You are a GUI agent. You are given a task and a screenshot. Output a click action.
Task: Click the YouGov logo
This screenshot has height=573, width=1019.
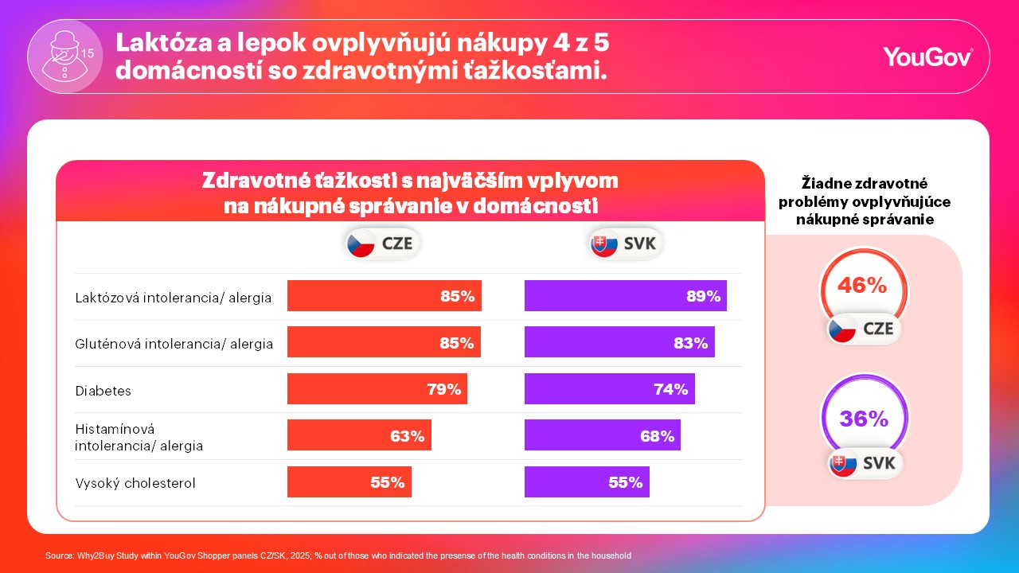pyautogui.click(x=927, y=57)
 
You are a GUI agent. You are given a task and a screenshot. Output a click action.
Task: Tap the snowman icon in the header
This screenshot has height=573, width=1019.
pyautogui.click(x=65, y=56)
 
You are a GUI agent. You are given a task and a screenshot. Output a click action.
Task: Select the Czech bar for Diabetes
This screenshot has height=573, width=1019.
pyautogui.click(x=377, y=389)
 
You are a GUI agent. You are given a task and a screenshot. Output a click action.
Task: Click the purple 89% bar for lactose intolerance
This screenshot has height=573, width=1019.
pyautogui.click(x=626, y=295)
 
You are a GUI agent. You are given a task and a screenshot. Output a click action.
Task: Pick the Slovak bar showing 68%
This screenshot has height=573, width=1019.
pyautogui.click(x=603, y=435)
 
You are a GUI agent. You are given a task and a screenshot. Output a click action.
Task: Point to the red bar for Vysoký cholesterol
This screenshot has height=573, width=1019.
pyautogui.click(x=349, y=481)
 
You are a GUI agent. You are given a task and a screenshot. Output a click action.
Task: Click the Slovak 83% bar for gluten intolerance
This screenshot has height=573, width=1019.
pyautogui.click(x=619, y=342)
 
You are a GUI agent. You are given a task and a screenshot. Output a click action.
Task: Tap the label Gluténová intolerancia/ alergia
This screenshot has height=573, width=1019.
pyautogui.click(x=174, y=344)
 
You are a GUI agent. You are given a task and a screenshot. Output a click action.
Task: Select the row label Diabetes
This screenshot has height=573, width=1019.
pyautogui.click(x=103, y=391)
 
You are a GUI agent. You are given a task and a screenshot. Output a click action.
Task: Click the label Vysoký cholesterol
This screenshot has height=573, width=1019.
pyautogui.click(x=135, y=483)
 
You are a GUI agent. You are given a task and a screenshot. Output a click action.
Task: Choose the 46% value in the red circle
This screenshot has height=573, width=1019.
pyautogui.click(x=862, y=285)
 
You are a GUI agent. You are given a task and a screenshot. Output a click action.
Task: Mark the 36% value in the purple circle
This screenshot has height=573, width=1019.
pyautogui.click(x=864, y=419)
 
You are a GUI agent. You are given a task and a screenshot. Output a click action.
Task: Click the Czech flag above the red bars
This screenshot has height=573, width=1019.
pyautogui.click(x=361, y=244)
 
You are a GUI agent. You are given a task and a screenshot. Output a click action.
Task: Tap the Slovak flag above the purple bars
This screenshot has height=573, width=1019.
pyautogui.click(x=603, y=244)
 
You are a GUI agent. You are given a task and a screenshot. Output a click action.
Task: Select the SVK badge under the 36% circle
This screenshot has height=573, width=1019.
pyautogui.click(x=864, y=463)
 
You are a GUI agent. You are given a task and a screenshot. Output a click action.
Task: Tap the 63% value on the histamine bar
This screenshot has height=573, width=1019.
pyautogui.click(x=407, y=436)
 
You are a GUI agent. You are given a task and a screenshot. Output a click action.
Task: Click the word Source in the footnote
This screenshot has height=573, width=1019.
pyautogui.click(x=59, y=555)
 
